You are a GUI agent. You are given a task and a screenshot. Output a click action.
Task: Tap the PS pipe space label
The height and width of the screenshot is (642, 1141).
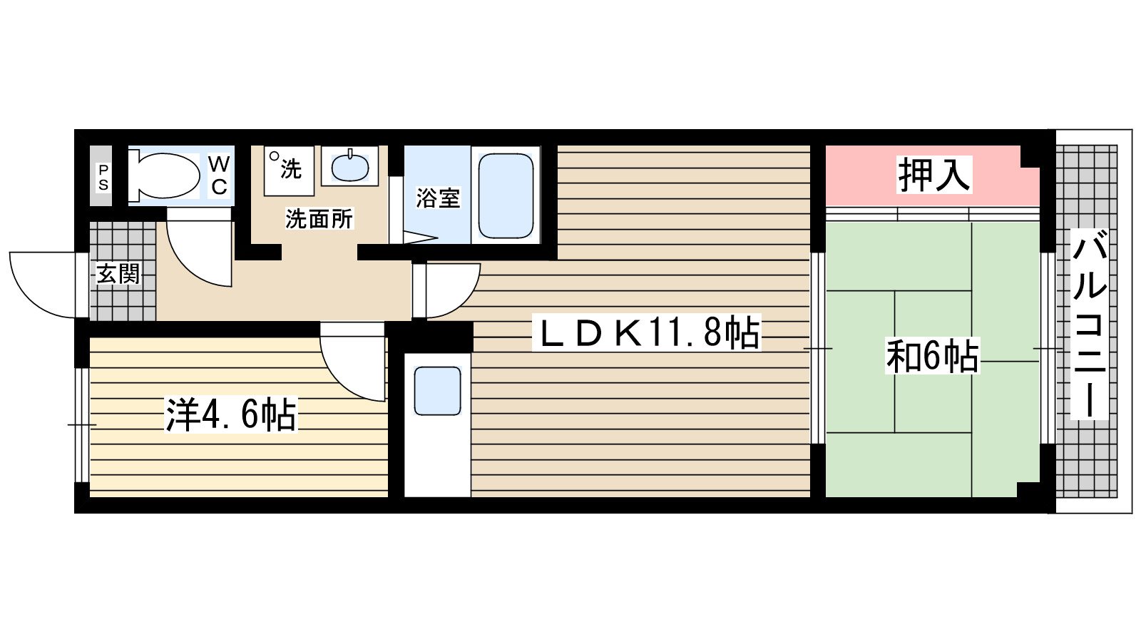tap(103, 178)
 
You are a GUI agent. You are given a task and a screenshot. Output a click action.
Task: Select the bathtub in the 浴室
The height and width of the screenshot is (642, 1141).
tap(506, 195)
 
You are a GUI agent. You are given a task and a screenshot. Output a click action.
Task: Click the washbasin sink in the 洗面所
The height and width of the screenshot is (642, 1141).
tap(349, 168)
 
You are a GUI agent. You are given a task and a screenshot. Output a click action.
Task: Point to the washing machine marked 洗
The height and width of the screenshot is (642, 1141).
tap(289, 170)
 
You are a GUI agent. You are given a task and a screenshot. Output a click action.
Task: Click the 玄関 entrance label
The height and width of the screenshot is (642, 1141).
tap(118, 273)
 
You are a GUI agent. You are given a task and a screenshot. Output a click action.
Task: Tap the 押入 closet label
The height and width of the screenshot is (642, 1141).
tap(933, 175)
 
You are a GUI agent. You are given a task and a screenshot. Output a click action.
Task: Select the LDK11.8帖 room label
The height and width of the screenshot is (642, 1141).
tap(648, 332)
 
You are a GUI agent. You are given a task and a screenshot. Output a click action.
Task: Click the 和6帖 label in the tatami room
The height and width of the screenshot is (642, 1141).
tap(932, 355)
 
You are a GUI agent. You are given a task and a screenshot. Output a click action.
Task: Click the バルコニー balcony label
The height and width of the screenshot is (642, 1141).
tap(1089, 324)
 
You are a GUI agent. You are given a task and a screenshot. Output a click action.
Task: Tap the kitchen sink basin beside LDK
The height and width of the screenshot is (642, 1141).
tap(437, 390)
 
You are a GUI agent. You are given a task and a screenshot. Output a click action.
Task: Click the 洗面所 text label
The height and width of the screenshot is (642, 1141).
tap(319, 218)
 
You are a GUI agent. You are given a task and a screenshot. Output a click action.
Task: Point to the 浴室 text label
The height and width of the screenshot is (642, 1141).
tap(438, 198)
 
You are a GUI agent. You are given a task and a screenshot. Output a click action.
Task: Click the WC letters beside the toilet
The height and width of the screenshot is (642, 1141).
tap(219, 175)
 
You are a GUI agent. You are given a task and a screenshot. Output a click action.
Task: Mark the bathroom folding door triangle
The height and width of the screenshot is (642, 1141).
tap(417, 238)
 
